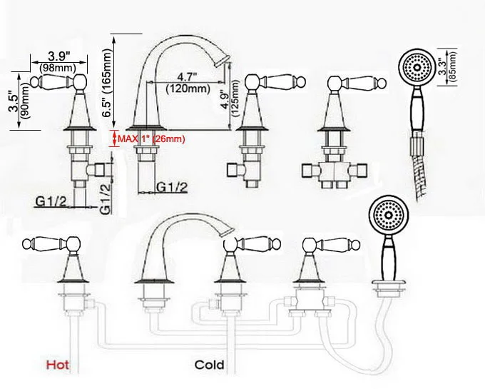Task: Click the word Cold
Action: pos(210,365)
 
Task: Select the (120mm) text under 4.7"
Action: pos(186,89)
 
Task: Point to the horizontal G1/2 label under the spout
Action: pos(172,188)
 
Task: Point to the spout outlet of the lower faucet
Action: pos(227,231)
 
